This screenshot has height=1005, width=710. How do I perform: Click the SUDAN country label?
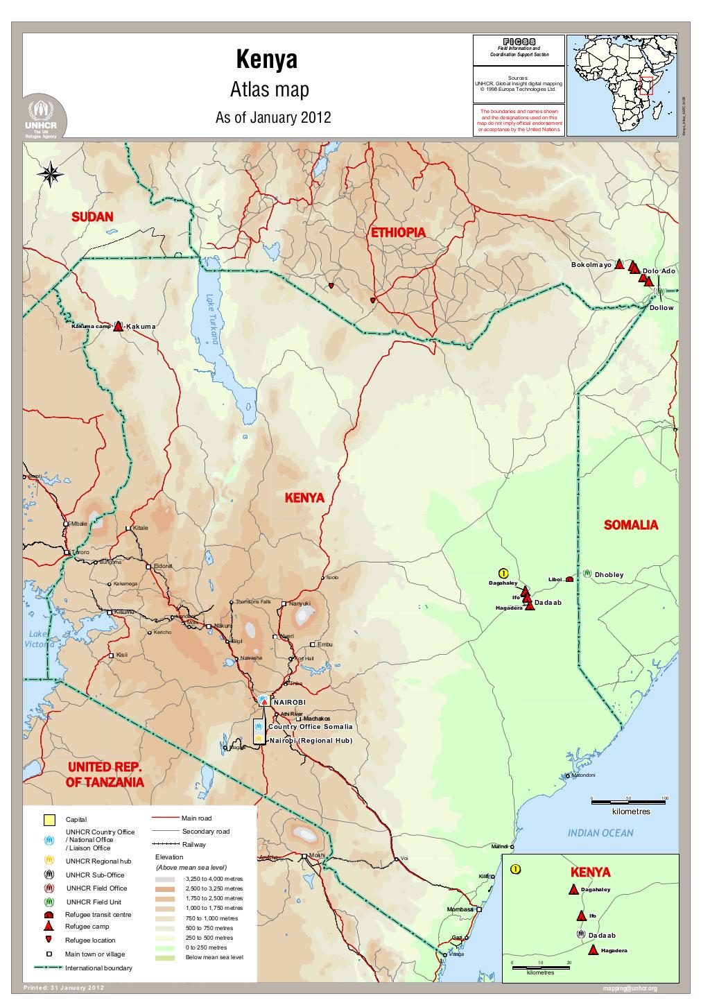[x=92, y=217]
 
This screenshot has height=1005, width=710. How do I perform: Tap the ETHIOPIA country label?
[x=397, y=233]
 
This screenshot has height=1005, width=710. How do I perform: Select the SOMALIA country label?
[x=630, y=525]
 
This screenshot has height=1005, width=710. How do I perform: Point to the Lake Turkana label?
[x=212, y=318]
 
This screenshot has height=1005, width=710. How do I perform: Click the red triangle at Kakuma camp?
[x=118, y=326]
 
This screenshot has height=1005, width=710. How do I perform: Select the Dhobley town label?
[x=609, y=575]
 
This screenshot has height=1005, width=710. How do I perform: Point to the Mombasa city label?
[x=460, y=909]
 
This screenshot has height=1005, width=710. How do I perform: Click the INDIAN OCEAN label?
[x=600, y=832]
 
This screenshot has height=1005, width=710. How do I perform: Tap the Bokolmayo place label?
[x=591, y=265]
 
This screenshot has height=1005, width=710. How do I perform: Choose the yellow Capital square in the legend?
[x=49, y=820]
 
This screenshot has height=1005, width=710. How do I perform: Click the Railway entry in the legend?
[x=193, y=845]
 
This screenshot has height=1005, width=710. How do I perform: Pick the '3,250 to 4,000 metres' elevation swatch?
[x=166, y=878]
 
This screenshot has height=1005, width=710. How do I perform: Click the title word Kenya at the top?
[x=267, y=60]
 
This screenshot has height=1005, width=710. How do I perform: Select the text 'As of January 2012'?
[x=272, y=118]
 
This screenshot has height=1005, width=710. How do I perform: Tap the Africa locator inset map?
[x=621, y=85]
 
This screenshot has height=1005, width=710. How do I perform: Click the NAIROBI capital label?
[x=289, y=703]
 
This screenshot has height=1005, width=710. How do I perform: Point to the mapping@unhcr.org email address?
[x=630, y=988]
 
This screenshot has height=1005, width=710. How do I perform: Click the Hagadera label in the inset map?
[x=614, y=950]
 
